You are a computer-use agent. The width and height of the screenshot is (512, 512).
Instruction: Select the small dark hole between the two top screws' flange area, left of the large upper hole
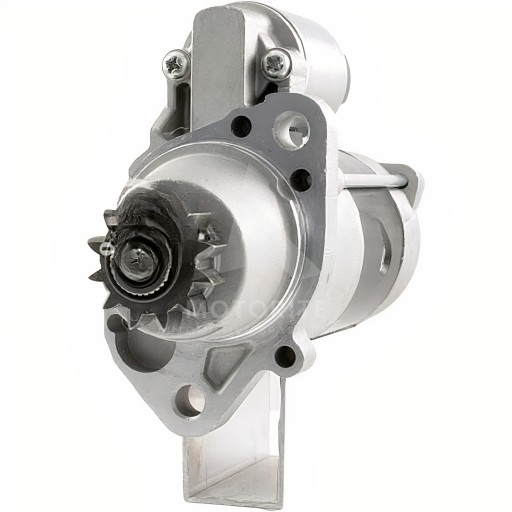[240, 126]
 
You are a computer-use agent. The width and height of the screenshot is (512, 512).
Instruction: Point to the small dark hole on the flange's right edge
[297, 179]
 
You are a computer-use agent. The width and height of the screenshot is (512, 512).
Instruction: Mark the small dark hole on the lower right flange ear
[286, 353]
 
